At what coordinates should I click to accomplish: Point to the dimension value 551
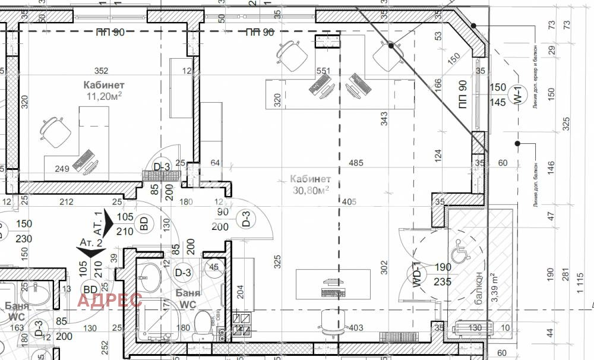point(323,71)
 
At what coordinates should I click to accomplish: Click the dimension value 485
point(356,163)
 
